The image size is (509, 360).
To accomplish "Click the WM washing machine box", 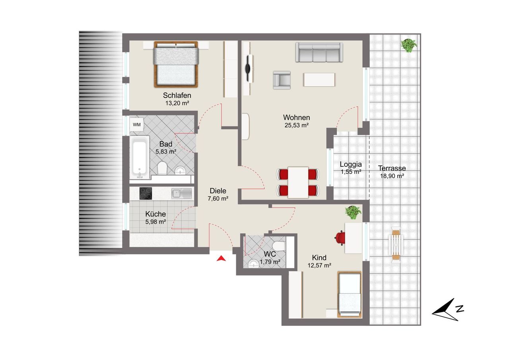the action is [136, 125].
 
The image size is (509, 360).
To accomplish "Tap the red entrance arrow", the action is [221, 259].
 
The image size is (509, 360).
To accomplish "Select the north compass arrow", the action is [447, 310].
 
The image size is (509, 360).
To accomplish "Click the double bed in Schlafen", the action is [176, 64].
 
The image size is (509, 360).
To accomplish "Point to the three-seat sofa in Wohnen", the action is [319, 52].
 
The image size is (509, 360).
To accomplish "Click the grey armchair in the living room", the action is [282, 80].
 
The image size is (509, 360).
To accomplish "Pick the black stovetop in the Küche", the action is [146, 193].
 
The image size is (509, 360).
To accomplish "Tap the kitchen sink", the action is [182, 194].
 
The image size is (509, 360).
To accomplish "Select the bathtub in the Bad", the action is [140, 158].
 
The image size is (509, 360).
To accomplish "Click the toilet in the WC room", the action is [279, 246].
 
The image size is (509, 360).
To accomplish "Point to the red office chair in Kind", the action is [340, 238].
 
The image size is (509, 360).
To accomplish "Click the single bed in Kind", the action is [350, 294].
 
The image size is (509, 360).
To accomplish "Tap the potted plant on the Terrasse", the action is [409, 45].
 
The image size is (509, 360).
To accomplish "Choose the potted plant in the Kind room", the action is [353, 212].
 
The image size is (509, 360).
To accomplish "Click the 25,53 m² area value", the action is [297, 125].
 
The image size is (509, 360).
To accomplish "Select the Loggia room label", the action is [351, 164].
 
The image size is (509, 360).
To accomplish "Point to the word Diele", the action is [218, 191].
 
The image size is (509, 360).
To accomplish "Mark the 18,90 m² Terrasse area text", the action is [392, 176].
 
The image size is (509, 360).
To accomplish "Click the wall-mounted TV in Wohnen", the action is [249, 68].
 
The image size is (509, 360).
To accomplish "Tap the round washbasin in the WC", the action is [254, 264].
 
